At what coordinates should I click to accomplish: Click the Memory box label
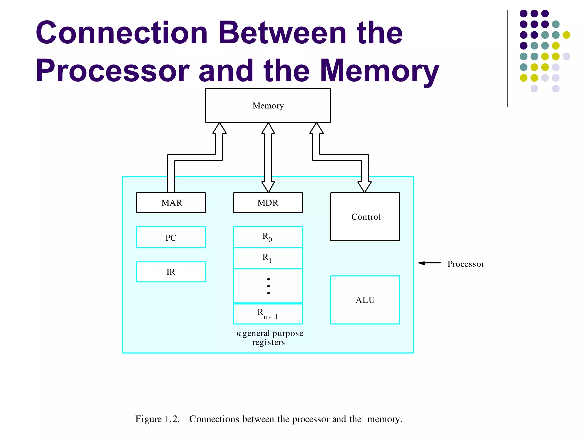[268, 106]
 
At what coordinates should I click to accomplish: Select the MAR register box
[171, 203]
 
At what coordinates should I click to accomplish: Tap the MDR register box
[268, 203]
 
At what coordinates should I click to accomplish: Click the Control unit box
[365, 217]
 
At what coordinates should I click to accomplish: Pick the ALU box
[365, 300]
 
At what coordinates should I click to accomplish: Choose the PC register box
[171, 237]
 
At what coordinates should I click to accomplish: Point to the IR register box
[171, 272]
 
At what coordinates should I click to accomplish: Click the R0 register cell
[268, 237]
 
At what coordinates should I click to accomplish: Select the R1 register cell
[268, 258]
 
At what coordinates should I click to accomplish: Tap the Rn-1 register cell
[268, 314]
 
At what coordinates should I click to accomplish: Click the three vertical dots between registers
[268, 286]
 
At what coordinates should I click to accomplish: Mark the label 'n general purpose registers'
[270, 338]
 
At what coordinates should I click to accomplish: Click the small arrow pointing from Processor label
[429, 263]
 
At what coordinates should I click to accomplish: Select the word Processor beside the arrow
[465, 264]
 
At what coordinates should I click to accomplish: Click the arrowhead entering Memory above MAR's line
[219, 128]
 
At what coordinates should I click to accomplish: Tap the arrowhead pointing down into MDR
[268, 187]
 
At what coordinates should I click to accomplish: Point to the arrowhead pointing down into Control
[364, 187]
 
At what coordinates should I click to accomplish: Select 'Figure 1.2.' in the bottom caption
[157, 419]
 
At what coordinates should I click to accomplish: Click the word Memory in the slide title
[379, 70]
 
